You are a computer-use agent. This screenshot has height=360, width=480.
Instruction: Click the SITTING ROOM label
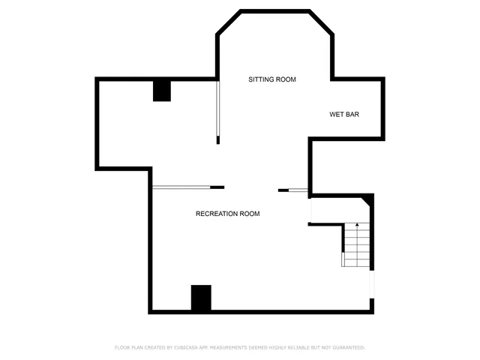(272, 79)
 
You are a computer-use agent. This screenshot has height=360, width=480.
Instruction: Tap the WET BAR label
(344, 115)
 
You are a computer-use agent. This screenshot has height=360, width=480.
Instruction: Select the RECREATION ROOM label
(227, 214)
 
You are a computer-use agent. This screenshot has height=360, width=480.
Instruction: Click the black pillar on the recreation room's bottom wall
(201, 298)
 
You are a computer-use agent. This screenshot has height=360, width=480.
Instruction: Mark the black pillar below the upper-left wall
(162, 90)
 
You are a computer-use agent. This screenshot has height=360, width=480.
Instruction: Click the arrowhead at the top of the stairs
(358, 224)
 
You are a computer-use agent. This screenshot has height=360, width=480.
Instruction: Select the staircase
(358, 244)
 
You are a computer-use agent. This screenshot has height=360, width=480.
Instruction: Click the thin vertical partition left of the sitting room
(218, 109)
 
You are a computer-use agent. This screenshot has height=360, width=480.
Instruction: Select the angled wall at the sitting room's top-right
(321, 22)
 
